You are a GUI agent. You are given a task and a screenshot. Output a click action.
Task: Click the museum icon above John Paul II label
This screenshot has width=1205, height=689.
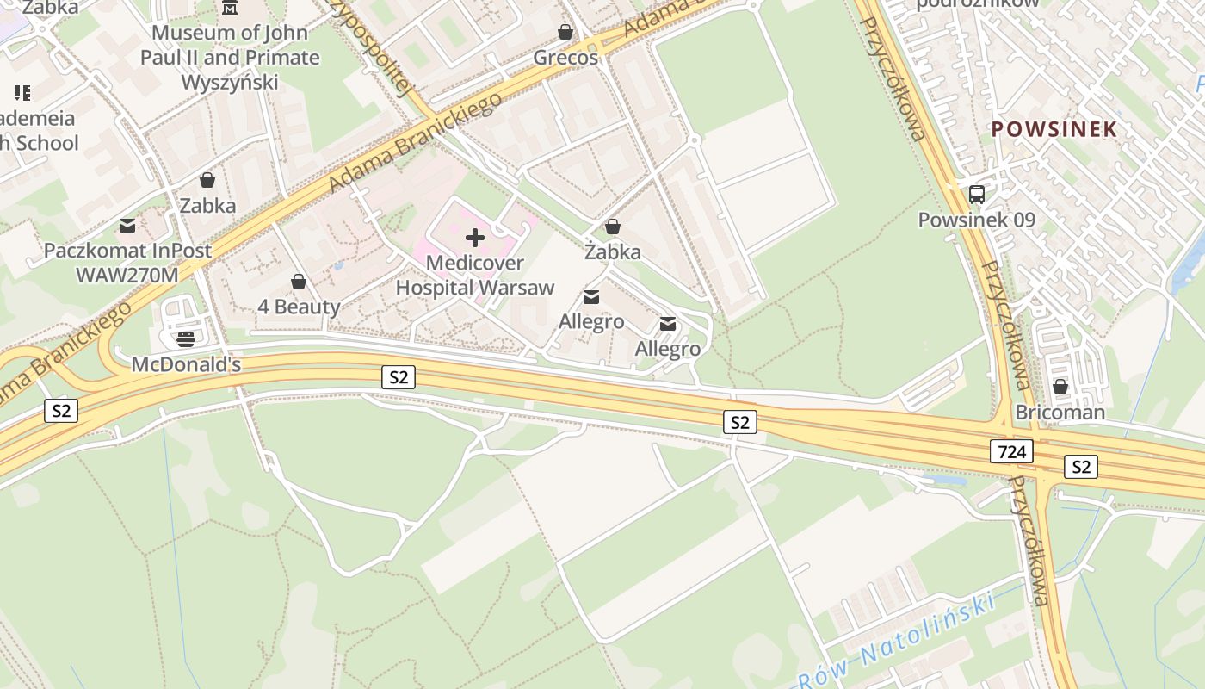(x=230, y=8)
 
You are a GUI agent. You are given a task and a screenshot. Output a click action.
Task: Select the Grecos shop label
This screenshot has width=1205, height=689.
(x=565, y=58)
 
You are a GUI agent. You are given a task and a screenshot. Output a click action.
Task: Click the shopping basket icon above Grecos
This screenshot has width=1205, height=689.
(x=565, y=33)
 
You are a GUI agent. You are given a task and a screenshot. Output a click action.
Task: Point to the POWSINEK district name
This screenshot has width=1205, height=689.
(x=1054, y=129)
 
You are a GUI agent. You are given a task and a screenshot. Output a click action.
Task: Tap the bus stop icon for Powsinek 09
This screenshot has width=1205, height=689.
(x=976, y=195)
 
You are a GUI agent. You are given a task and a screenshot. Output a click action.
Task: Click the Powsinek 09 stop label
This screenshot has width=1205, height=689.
(x=976, y=220)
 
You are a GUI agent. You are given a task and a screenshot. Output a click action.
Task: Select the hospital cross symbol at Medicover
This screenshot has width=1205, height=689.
(x=474, y=238)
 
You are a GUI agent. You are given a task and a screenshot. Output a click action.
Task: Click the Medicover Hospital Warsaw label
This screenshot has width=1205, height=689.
(x=474, y=276)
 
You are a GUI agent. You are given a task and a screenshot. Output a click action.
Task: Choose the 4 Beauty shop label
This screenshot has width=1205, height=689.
(x=299, y=307)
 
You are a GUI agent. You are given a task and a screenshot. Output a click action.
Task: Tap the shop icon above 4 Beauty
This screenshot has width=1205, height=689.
(x=299, y=282)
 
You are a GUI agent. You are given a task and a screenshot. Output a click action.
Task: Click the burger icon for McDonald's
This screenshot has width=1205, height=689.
(x=186, y=338)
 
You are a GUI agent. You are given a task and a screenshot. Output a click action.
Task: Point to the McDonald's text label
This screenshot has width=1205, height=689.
(x=186, y=364)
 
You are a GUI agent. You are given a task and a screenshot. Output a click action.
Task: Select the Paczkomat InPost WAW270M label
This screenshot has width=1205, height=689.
(x=127, y=263)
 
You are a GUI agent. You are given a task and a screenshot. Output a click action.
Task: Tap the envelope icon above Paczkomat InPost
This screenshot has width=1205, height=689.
(x=127, y=226)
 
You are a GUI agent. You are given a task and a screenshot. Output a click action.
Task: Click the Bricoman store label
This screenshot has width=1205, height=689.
(x=1060, y=413)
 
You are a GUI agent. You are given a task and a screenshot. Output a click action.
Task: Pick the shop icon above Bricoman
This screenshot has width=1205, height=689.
(x=1060, y=388)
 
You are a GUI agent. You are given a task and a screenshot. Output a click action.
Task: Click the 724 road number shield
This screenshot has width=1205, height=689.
(x=1011, y=451)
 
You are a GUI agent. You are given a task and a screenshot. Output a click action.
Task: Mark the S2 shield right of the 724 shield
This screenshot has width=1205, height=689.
(x=1081, y=467)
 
